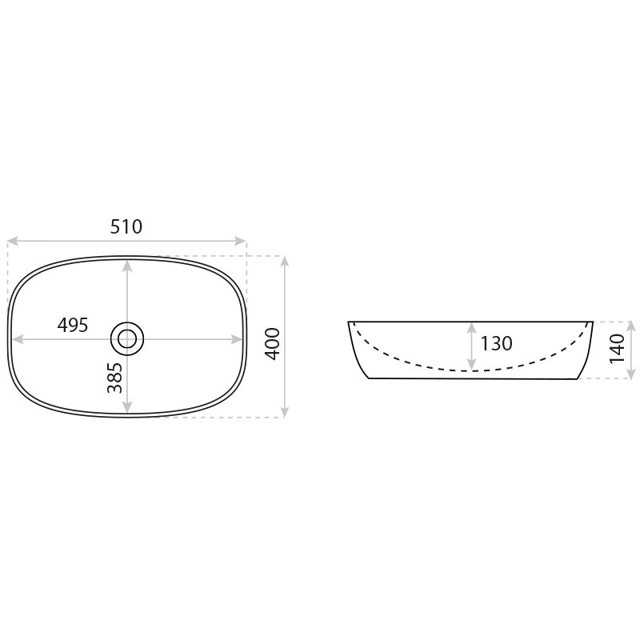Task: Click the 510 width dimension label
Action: click(126, 226)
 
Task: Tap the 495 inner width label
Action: click(73, 325)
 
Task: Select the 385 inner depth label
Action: click(114, 378)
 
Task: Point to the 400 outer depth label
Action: click(273, 344)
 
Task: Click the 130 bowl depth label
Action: click(496, 344)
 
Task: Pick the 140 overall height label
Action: click(617, 349)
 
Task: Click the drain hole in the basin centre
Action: click(127, 338)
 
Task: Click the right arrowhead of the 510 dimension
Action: click(241, 241)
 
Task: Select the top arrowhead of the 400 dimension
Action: click(285, 262)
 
